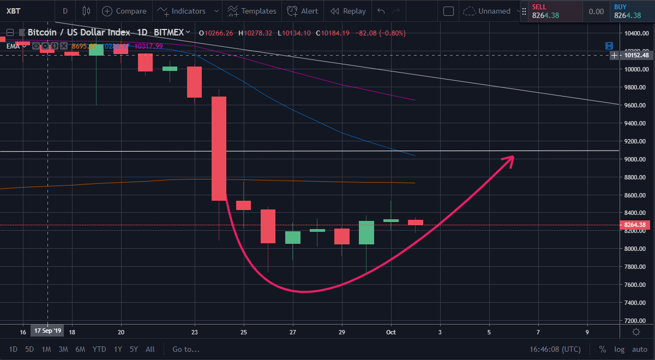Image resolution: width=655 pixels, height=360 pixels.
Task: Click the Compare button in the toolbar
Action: point(124,11)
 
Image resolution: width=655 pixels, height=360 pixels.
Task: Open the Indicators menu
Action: point(182,11)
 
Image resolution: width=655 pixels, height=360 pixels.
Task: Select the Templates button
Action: point(252,11)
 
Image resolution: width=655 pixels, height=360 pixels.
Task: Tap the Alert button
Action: point(303,11)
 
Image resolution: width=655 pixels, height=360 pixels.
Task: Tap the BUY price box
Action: point(632,11)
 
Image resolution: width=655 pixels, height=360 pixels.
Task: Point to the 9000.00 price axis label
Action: point(636,159)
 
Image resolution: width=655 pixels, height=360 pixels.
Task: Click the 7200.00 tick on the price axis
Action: point(636,321)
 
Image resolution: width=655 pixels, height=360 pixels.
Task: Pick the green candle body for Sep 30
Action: point(366,232)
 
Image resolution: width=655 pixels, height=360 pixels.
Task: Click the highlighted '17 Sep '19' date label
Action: point(48,332)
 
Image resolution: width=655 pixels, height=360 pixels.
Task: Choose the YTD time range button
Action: point(99,349)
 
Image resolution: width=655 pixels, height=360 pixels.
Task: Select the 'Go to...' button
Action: point(186,349)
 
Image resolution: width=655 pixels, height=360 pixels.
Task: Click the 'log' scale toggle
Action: point(619,349)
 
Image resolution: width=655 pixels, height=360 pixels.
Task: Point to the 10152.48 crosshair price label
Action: point(636,55)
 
